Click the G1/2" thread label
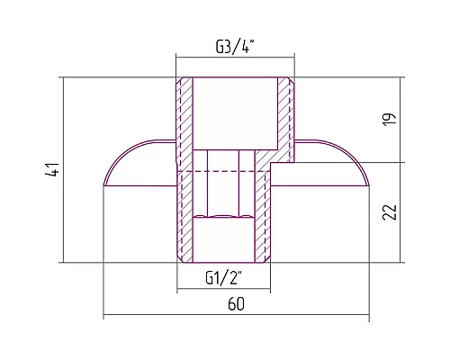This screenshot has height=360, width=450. click(224, 278)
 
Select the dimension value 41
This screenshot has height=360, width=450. click(52, 169)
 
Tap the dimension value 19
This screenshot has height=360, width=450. click(390, 119)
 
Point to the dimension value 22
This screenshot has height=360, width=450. click(390, 212)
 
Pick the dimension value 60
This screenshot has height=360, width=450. click(236, 304)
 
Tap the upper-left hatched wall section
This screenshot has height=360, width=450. click(184, 120)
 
